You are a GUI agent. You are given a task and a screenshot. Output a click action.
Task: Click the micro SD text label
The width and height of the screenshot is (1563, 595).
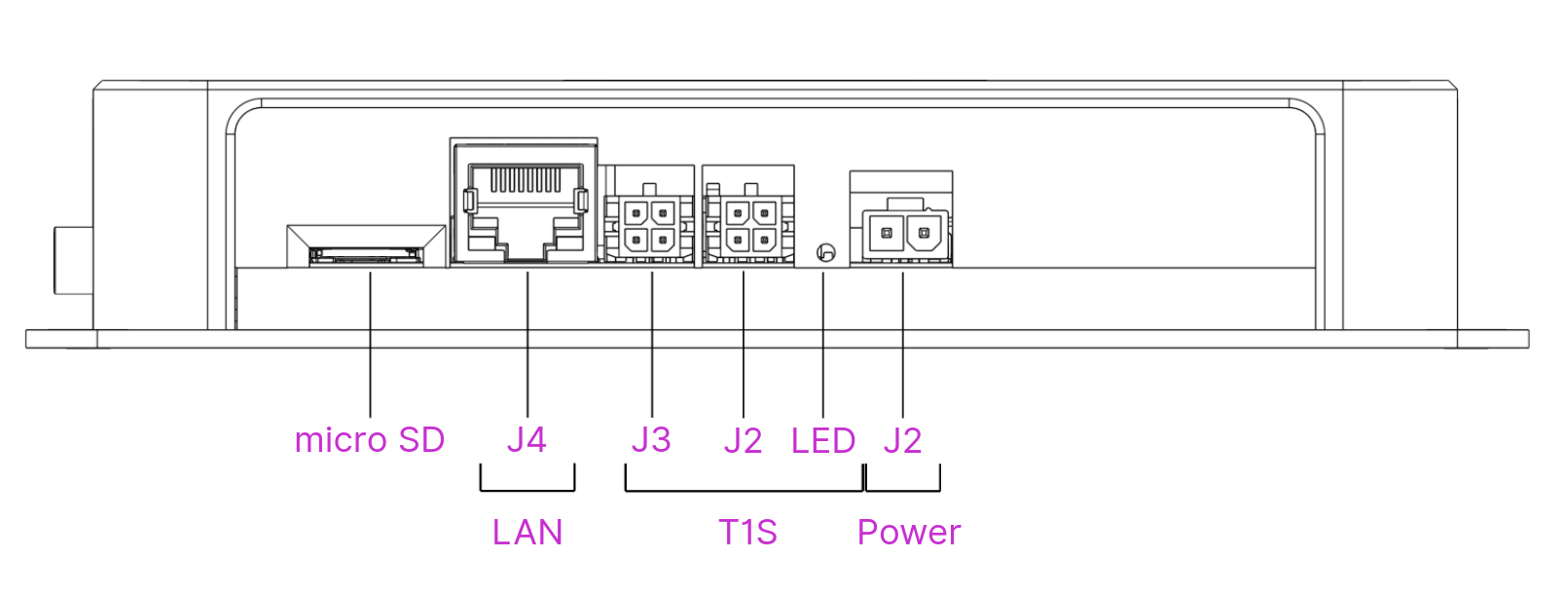(369, 440)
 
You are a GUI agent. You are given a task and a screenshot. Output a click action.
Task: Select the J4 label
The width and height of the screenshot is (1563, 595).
(527, 440)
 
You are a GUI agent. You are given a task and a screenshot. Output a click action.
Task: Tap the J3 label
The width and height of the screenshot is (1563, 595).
(651, 440)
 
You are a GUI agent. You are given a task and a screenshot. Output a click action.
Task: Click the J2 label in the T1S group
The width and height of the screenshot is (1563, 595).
(743, 441)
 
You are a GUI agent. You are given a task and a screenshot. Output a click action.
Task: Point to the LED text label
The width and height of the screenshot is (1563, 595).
(823, 441)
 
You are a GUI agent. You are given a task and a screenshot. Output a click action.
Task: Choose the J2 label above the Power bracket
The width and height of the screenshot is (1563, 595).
(902, 441)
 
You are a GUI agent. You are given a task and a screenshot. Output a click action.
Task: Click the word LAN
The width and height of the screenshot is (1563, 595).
(527, 533)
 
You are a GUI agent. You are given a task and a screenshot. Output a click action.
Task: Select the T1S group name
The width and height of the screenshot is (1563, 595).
(747, 533)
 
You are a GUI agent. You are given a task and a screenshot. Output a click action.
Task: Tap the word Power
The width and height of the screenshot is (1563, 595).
(909, 533)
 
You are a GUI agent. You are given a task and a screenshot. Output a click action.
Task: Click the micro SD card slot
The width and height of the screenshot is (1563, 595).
(365, 255)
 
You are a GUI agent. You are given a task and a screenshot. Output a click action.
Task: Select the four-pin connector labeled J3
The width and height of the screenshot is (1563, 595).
(649, 226)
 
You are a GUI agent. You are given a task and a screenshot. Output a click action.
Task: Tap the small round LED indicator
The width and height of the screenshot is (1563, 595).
(825, 253)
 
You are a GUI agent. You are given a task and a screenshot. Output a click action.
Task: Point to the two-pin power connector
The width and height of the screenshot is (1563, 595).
(901, 231)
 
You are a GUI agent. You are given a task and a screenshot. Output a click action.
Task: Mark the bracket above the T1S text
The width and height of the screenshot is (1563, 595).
(744, 490)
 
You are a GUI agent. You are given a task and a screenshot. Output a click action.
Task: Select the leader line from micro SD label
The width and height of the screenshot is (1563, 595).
(371, 346)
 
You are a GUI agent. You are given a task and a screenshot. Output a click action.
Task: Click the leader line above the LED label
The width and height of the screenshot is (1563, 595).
(823, 346)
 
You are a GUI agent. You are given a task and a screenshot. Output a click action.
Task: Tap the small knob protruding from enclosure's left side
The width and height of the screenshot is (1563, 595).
(72, 259)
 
